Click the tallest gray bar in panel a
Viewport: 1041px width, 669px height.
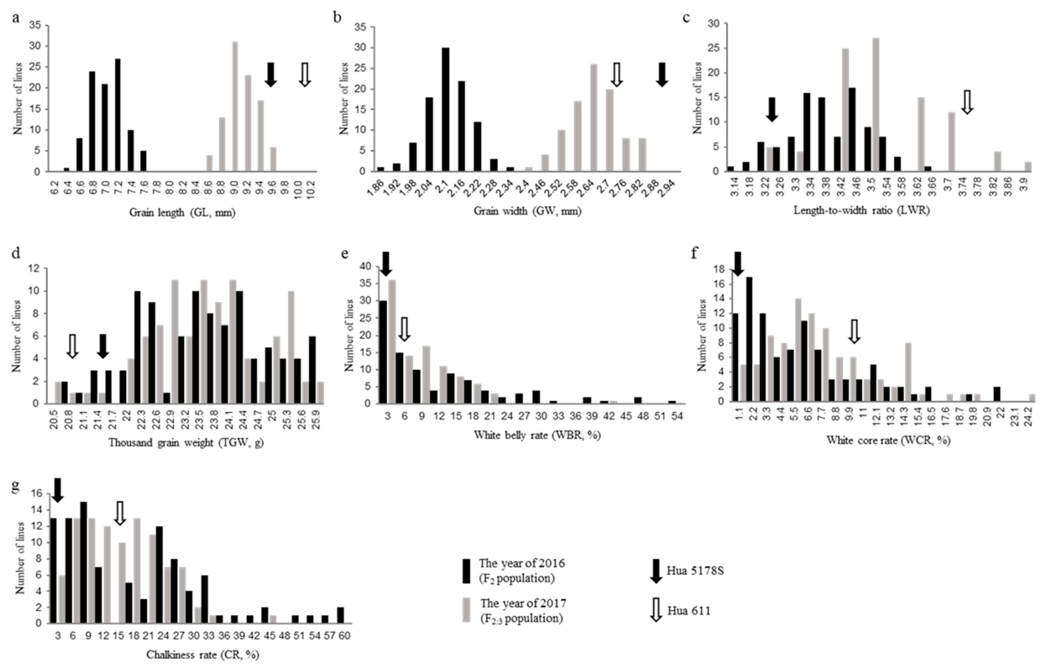(235, 106)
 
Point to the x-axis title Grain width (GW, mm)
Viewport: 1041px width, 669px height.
(527, 211)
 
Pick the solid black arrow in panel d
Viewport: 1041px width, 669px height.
(102, 346)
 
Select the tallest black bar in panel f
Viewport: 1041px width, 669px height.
(749, 339)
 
